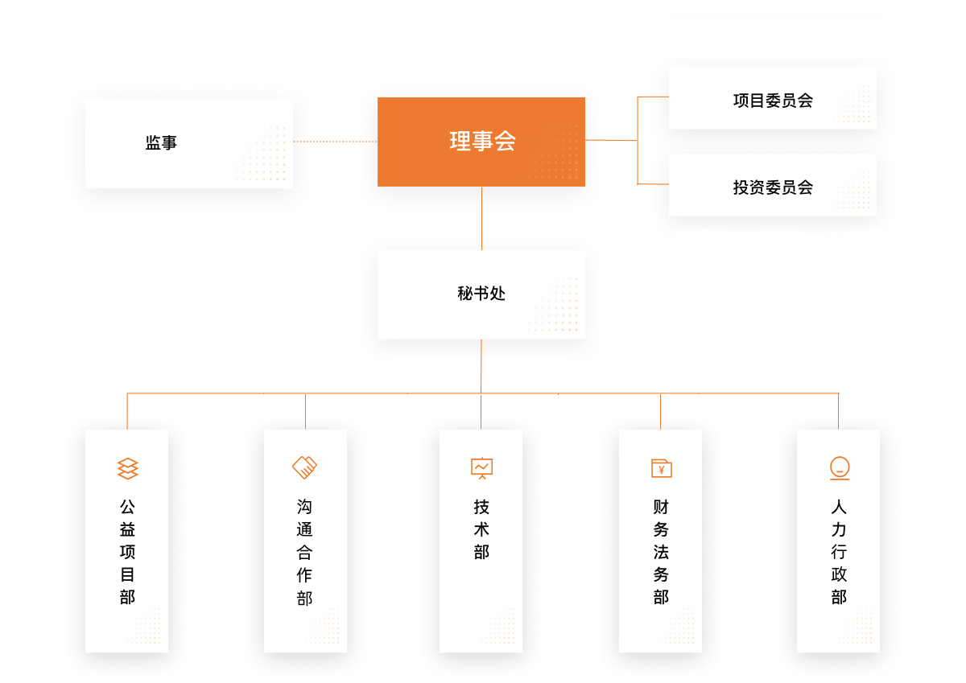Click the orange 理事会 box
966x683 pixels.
coord(481,142)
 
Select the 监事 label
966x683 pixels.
coord(161,142)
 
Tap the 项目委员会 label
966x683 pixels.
coord(773,101)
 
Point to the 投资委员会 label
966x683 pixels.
coord(773,187)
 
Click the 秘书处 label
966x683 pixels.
coord(481,294)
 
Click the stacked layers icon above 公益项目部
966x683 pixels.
coord(128,468)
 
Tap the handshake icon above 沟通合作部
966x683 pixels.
coord(304,467)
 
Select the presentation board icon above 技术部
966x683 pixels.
coord(481,468)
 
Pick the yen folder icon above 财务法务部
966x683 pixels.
coord(662,468)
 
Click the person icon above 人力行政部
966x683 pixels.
coord(840,468)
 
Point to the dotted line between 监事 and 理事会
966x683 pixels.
coord(335,142)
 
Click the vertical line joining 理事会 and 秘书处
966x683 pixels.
coord(481,219)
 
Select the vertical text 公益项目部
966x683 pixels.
coord(127,552)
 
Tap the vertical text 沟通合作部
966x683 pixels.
coord(304,553)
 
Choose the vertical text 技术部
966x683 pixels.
coord(481,529)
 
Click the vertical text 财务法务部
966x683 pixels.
coord(661,552)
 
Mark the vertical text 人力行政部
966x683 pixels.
coord(839,552)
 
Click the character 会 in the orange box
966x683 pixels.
coord(505,141)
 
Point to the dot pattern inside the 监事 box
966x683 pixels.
coord(261,153)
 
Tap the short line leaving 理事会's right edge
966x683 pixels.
coord(611,140)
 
